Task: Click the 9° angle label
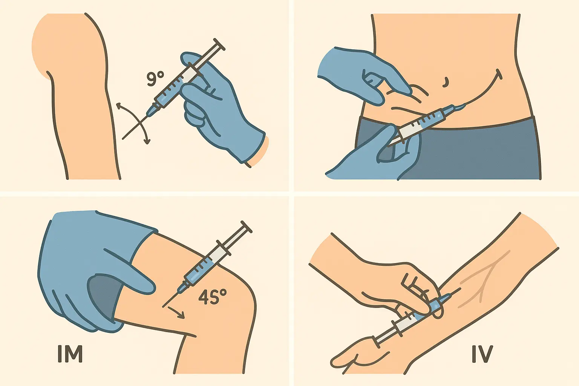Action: click(155, 79)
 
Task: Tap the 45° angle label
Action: click(213, 297)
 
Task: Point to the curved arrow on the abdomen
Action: click(486, 90)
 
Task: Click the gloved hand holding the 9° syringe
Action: click(219, 109)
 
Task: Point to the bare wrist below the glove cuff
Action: click(260, 151)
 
